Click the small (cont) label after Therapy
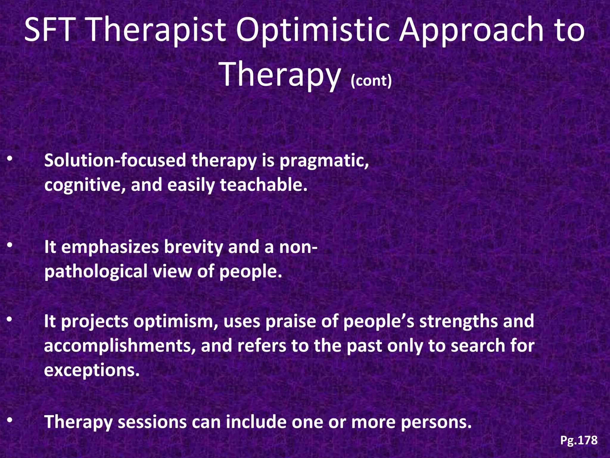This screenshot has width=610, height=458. pos(371,81)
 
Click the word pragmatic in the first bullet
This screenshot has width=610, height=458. pos(324,161)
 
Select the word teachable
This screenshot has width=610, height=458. pos(263,185)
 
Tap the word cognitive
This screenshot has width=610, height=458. pos(84,185)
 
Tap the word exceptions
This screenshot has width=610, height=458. pos(92,371)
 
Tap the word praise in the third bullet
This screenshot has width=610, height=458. pos(291,321)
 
